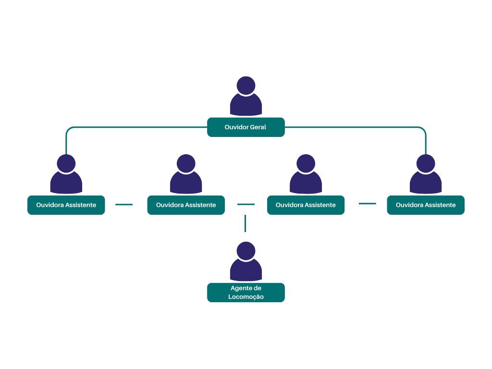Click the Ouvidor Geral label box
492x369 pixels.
click(x=246, y=127)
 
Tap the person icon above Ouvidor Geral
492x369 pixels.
click(x=246, y=97)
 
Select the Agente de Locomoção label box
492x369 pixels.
click(x=246, y=292)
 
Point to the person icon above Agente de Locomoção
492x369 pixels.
click(x=246, y=262)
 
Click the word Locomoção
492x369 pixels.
click(x=246, y=297)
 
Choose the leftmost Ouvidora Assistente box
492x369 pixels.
click(x=66, y=205)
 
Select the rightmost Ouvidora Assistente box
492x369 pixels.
click(x=425, y=205)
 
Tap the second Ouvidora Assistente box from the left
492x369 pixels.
click(x=186, y=205)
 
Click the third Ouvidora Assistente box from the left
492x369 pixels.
click(x=306, y=205)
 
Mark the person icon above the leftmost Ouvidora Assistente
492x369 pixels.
click(x=66, y=175)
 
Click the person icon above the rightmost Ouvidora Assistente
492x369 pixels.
click(x=425, y=175)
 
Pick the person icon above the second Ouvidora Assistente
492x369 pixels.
click(x=186, y=175)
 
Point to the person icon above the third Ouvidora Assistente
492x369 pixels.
click(x=306, y=175)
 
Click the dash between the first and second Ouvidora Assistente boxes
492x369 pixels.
click(x=124, y=205)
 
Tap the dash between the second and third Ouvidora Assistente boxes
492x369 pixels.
click(x=246, y=204)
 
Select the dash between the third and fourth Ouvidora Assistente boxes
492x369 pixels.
click(x=368, y=204)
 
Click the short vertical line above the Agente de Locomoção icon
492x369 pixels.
click(x=246, y=223)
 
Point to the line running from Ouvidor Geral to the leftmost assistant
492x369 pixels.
click(x=135, y=127)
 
